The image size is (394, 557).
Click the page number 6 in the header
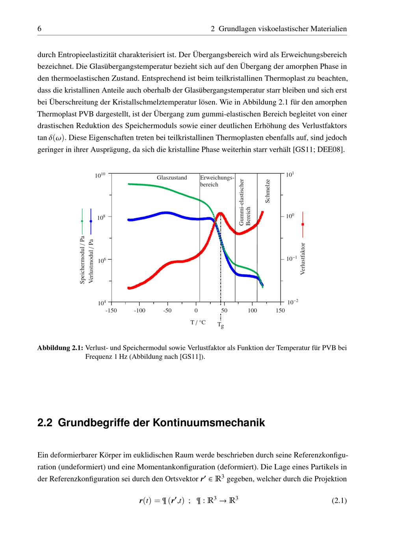(39, 29)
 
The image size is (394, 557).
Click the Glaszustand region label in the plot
(172, 178)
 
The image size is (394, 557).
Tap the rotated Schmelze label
(268, 191)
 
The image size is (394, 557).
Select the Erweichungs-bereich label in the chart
(217, 181)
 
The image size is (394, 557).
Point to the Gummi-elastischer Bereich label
(245, 202)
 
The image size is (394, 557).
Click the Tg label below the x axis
(221, 325)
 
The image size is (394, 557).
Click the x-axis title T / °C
(198, 322)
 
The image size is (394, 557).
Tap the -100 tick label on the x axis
(139, 311)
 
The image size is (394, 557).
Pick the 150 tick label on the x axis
(280, 311)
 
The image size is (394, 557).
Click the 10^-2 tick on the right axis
(293, 302)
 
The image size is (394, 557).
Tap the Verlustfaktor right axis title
(303, 258)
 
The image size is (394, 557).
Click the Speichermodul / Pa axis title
(82, 260)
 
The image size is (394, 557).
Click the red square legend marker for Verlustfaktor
(303, 224)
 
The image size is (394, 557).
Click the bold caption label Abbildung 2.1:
(60, 348)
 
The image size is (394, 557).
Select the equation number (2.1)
(339, 501)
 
